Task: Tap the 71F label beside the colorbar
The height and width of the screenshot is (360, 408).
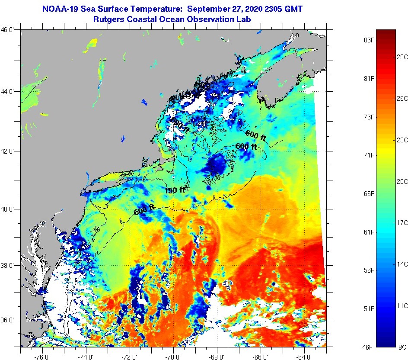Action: [368, 155]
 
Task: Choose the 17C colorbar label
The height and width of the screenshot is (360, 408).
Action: [402, 222]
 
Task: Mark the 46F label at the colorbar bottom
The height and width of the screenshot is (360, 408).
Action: [368, 347]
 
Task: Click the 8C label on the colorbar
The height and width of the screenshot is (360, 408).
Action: [402, 347]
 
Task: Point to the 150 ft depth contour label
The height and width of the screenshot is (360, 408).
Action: [175, 190]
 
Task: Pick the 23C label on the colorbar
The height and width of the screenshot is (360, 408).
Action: [402, 140]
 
